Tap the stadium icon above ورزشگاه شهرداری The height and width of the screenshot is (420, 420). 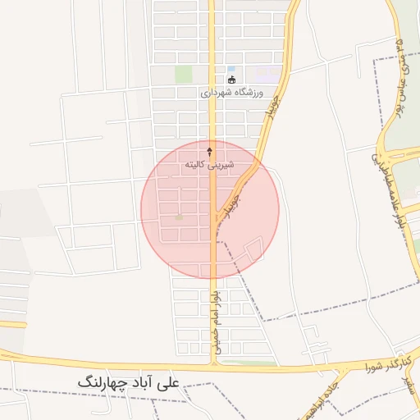click(231, 80)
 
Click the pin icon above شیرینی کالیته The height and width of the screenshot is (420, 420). click(209, 152)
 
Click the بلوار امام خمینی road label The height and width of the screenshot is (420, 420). click(212, 319)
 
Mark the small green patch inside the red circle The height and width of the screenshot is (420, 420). click(180, 217)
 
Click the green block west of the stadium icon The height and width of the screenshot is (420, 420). click(183, 75)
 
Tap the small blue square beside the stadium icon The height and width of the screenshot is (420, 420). click(231, 69)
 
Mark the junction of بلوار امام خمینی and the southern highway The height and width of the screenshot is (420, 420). click(212, 362)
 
